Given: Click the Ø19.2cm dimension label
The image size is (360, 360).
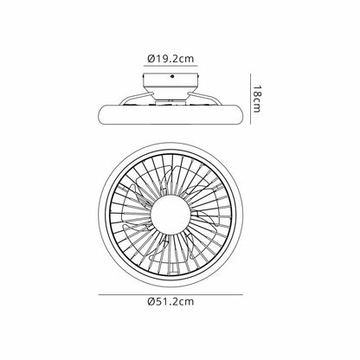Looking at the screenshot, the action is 170,59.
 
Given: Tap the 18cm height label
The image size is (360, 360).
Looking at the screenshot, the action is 256,99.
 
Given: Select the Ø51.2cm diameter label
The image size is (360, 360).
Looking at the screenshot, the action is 170,302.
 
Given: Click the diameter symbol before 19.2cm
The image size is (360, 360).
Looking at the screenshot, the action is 151,59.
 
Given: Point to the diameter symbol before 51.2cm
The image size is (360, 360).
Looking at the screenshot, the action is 151,302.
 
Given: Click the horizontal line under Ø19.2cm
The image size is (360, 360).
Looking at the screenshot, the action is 170,66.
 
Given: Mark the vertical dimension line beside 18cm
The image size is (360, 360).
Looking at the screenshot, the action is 250,99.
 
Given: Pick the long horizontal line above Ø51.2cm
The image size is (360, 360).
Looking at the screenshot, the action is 170,294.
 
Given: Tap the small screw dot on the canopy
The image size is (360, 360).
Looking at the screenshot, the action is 172,76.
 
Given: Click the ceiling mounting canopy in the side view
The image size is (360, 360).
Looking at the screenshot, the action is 170,84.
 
